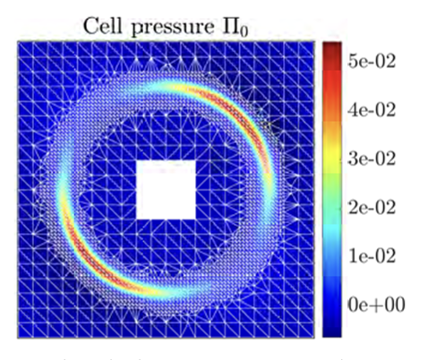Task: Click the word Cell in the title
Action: [x=102, y=26]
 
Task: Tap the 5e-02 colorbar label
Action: [x=372, y=61]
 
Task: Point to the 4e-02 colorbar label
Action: [x=372, y=110]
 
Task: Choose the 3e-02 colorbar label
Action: [x=372, y=159]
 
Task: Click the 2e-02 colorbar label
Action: [x=372, y=207]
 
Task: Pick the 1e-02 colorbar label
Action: [x=372, y=256]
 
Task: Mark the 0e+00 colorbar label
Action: [x=376, y=304]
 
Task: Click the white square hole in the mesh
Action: [x=166, y=190]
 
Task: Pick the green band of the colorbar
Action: [x=332, y=186]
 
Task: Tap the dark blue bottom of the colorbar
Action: [x=332, y=325]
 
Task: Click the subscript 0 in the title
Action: [x=244, y=32]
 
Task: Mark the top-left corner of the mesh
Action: [x=18, y=41]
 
